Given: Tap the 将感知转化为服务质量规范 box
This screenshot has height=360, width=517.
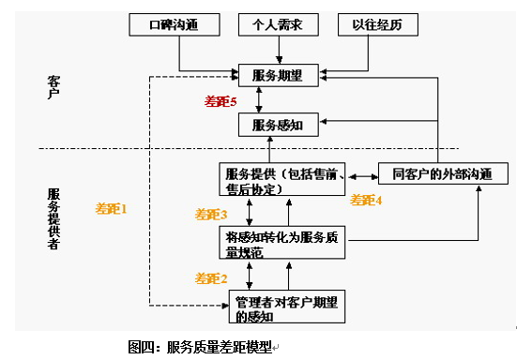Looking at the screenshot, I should coord(281,241).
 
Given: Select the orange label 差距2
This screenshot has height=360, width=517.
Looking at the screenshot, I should coord(211,277).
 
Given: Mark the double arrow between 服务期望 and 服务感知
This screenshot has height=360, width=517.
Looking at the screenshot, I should coord(271,99).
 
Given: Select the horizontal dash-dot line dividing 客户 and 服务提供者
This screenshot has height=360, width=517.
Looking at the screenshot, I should coord(122,148).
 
